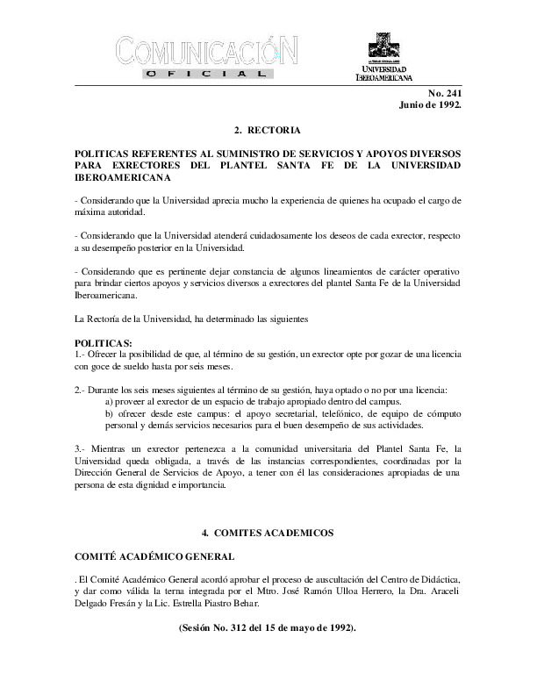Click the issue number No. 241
[x=446, y=93]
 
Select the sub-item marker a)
[x=110, y=401]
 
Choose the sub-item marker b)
[x=110, y=413]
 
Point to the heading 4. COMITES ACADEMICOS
[x=268, y=532]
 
